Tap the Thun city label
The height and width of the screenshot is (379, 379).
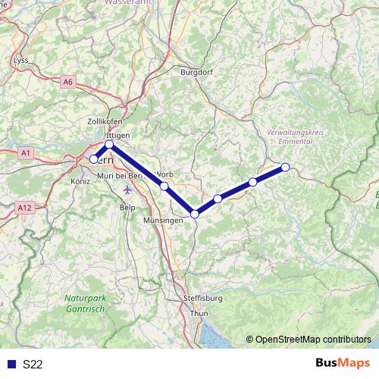[199, 313]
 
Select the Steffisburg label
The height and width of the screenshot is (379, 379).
[203, 299]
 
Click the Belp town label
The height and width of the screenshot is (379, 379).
[128, 206]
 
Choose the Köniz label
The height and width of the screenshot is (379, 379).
[80, 182]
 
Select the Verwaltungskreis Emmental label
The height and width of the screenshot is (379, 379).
[296, 136]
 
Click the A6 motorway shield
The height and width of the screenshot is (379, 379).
[69, 81]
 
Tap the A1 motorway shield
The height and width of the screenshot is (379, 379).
[26, 153]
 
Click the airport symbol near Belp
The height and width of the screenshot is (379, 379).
[126, 189]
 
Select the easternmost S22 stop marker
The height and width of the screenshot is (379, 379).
[286, 167]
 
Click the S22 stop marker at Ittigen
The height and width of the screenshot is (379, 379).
[109, 144]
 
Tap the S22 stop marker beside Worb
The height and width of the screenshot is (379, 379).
[164, 186]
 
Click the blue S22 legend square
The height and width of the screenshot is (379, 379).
[11, 364]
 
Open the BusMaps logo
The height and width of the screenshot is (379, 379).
[342, 363]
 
